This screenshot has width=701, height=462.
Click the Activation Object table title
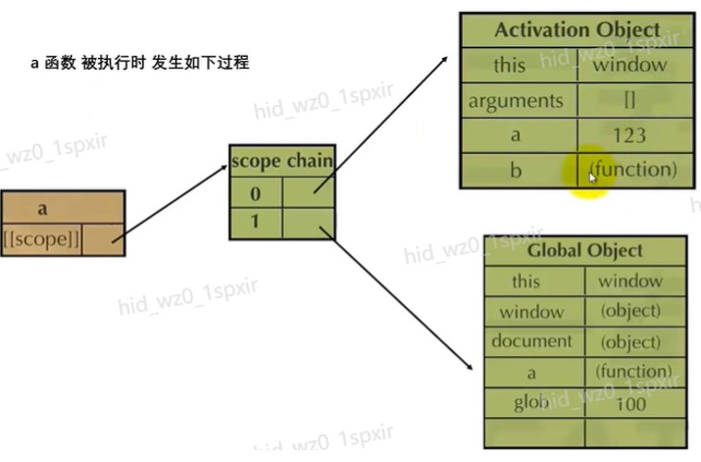(x=576, y=28)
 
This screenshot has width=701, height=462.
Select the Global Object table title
(x=584, y=250)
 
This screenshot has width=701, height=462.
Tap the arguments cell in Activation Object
(x=516, y=101)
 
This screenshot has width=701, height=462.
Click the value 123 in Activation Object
(x=627, y=135)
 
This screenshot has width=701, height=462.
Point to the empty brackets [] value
(x=628, y=101)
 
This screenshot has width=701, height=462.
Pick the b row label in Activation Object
(x=516, y=170)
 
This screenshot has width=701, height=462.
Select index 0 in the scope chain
(x=254, y=192)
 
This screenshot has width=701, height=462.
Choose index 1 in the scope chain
(x=254, y=223)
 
